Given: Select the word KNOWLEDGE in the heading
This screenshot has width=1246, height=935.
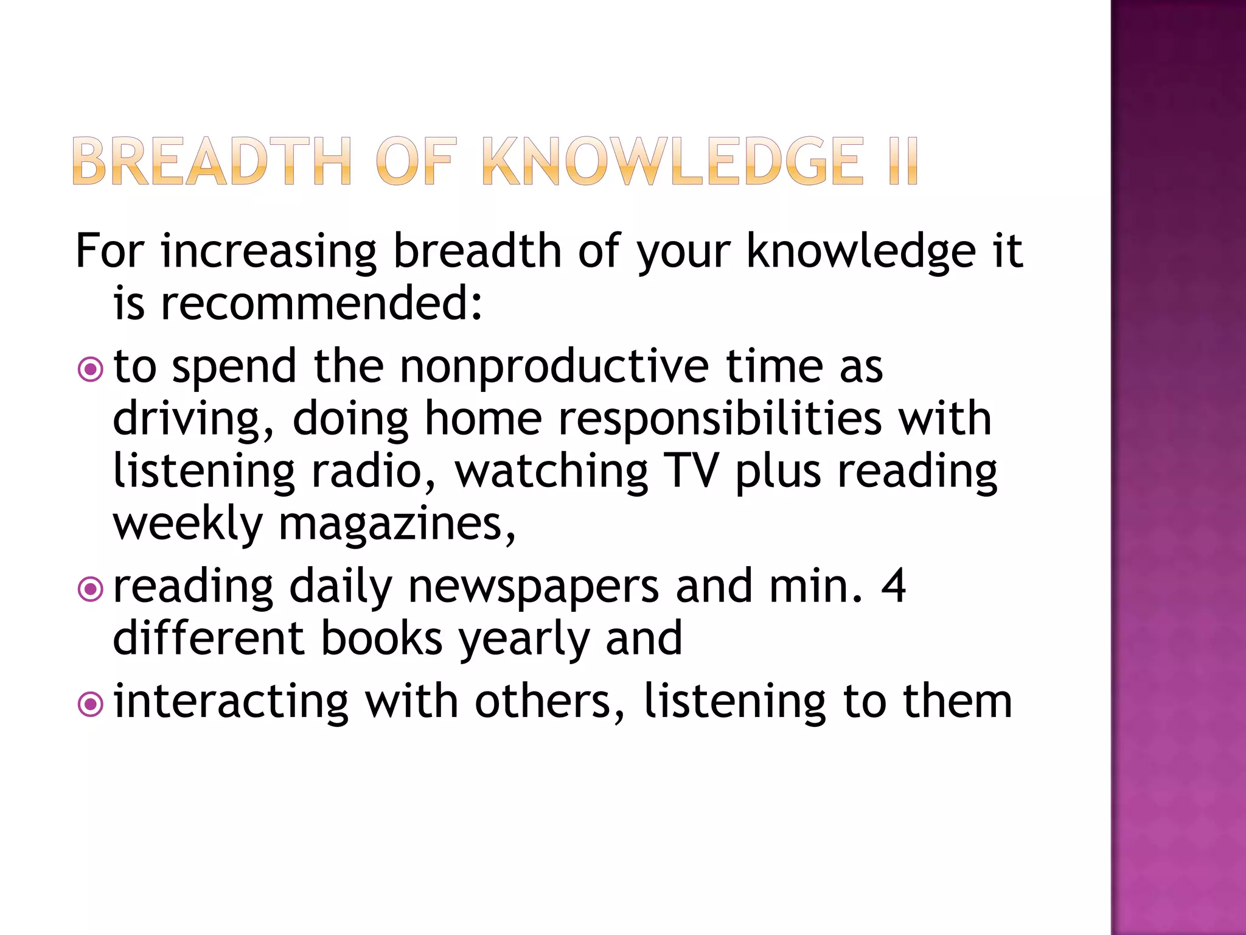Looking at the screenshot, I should pos(672,161).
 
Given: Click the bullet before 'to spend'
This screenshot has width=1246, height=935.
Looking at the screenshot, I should pos(91,369).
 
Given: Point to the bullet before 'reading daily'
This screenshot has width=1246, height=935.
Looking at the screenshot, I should pos(91,589).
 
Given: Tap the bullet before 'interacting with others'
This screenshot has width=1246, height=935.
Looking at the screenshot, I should pos(91,704).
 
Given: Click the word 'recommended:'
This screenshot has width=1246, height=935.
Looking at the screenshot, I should pos(321,303).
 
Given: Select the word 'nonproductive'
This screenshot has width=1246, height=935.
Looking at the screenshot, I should pos(554,368).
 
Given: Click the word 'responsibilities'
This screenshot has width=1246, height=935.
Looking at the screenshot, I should pos(720,419).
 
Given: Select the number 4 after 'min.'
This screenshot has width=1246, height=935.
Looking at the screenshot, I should pos(893,586).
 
